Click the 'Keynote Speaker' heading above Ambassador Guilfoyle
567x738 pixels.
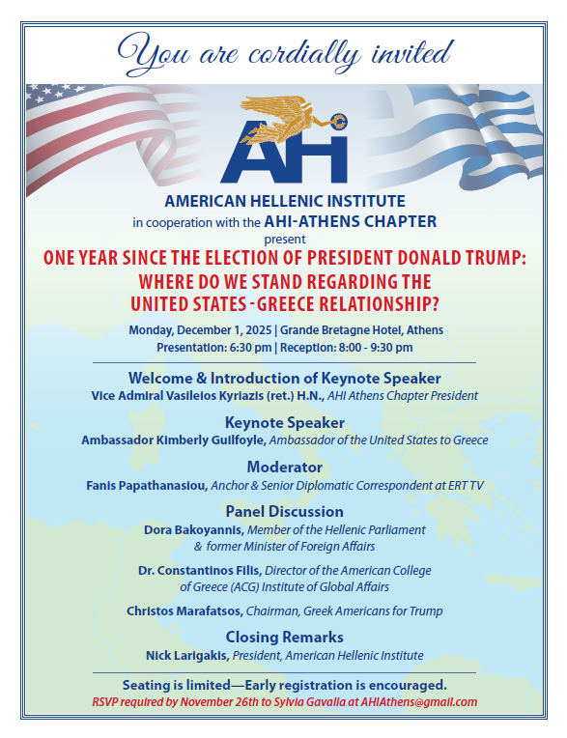[283, 423]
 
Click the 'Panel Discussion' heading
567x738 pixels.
[284, 511]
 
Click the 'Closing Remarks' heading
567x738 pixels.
[284, 637]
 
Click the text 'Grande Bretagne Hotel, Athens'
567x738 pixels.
[354, 329]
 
